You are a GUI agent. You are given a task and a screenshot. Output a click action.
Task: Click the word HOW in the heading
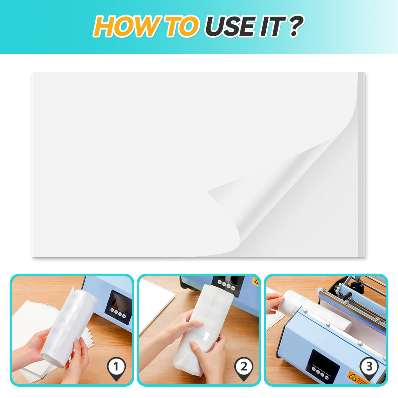(127, 27)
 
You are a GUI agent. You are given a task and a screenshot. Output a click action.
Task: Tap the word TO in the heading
(182, 27)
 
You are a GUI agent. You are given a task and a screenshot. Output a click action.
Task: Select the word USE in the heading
(231, 27)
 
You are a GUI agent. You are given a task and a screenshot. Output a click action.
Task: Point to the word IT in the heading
(272, 27)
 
